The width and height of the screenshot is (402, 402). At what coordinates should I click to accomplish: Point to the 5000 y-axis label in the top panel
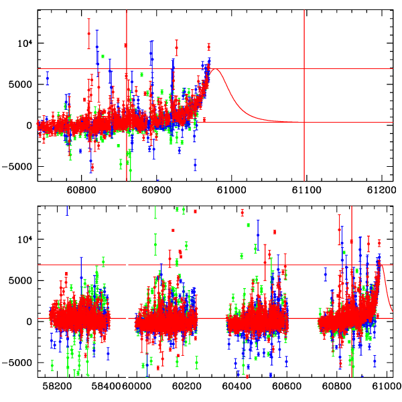(20, 84)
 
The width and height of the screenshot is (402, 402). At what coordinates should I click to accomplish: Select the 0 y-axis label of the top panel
(29, 125)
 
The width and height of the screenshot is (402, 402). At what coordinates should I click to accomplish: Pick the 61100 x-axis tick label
(306, 190)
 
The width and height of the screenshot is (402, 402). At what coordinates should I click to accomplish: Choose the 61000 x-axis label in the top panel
(230, 190)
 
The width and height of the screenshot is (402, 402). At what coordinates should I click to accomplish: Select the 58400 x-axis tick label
(108, 386)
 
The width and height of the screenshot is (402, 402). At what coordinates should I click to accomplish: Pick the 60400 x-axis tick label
(239, 386)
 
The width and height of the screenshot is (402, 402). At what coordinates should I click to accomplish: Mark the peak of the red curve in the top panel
(214, 69)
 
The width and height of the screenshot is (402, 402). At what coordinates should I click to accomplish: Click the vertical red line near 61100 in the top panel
(304, 147)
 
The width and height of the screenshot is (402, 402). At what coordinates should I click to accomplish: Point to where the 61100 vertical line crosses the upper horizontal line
(304, 68)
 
